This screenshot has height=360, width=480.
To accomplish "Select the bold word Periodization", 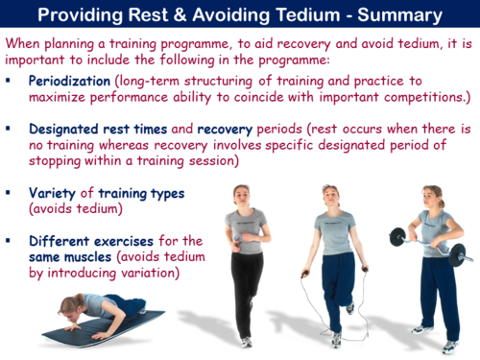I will pyautogui.click(x=74, y=83).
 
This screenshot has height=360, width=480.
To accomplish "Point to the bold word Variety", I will pyautogui.click(x=54, y=193).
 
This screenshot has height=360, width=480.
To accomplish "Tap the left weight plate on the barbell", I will pyautogui.click(x=396, y=237).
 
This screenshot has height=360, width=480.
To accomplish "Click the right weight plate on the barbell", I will pyautogui.click(x=459, y=253).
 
